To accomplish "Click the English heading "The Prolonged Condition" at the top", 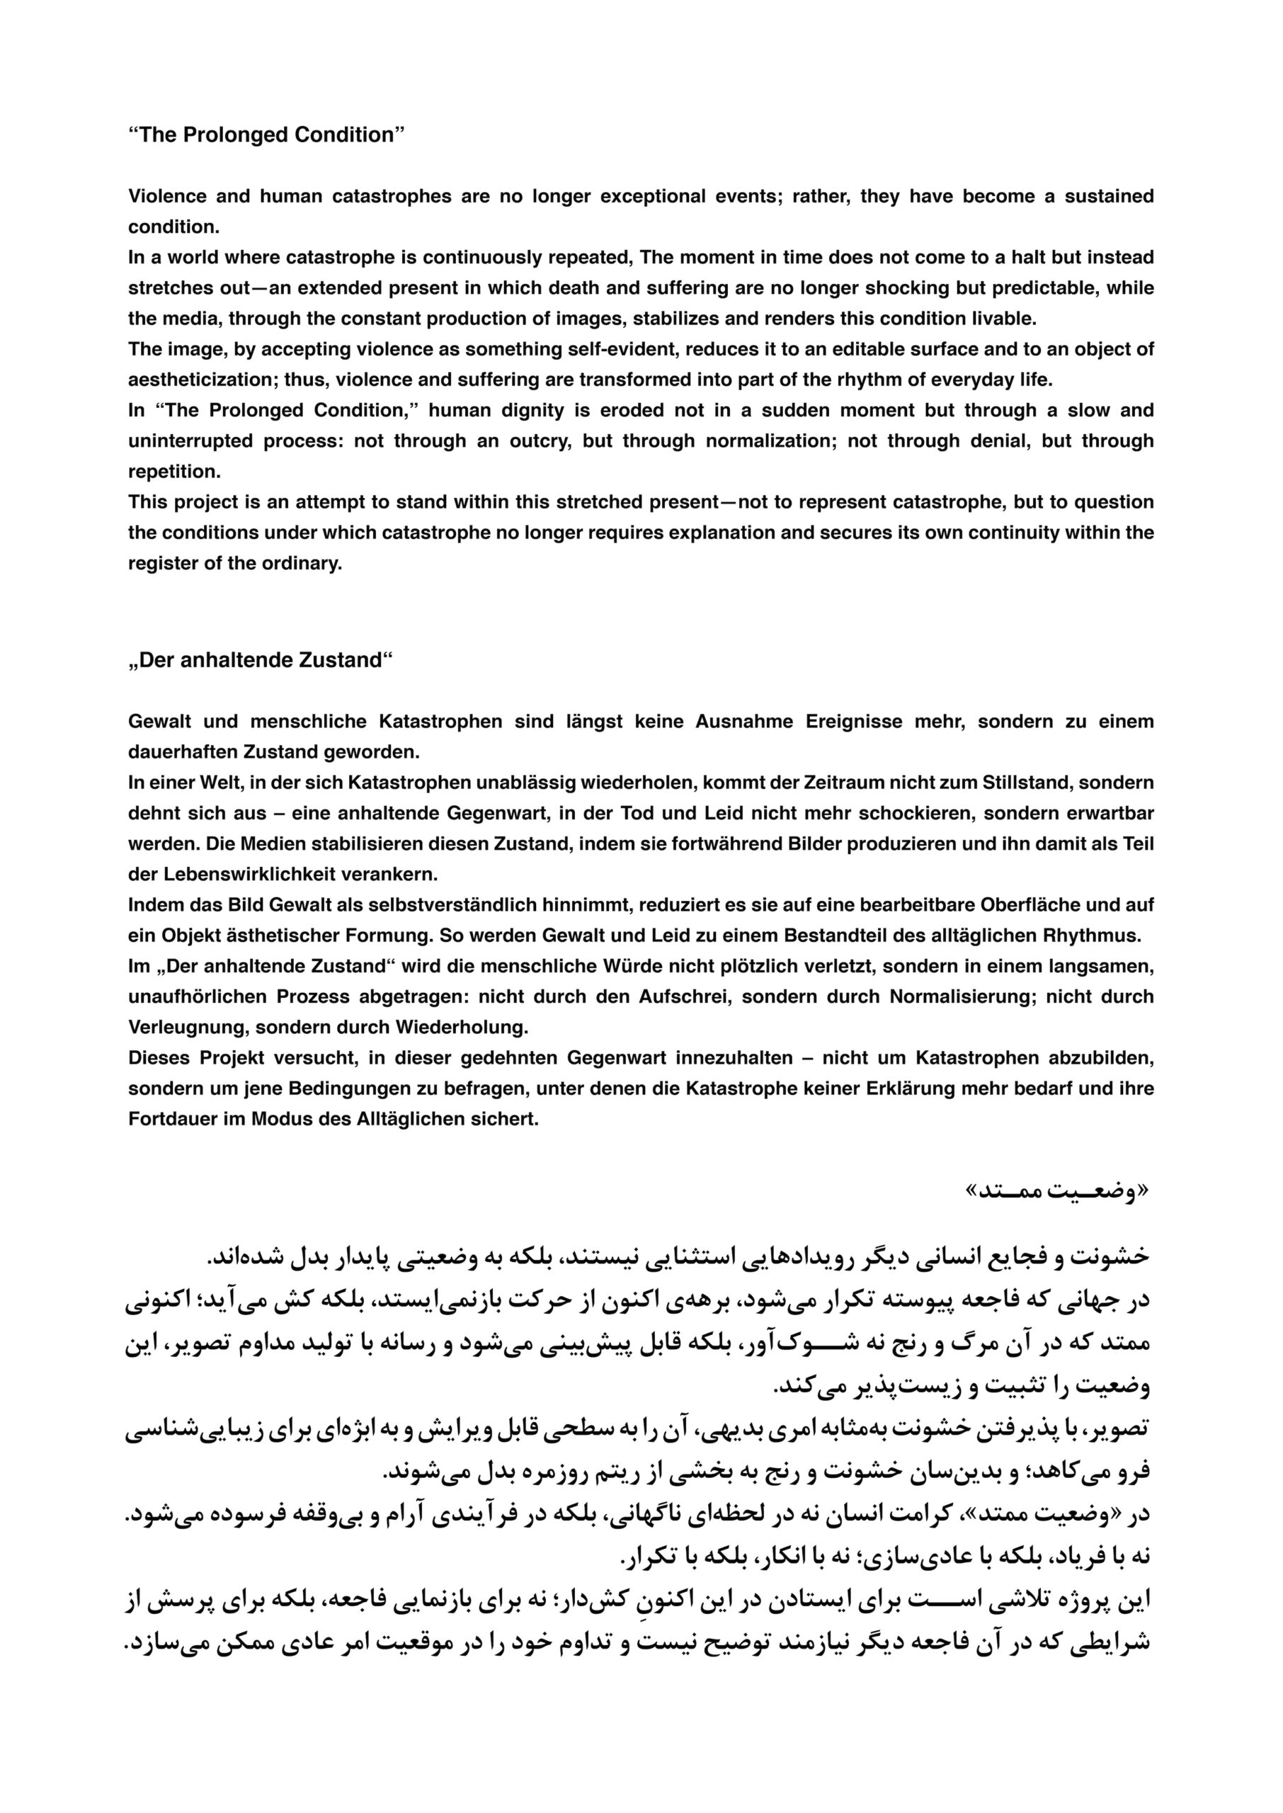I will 266,135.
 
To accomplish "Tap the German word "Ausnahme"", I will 744,721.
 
